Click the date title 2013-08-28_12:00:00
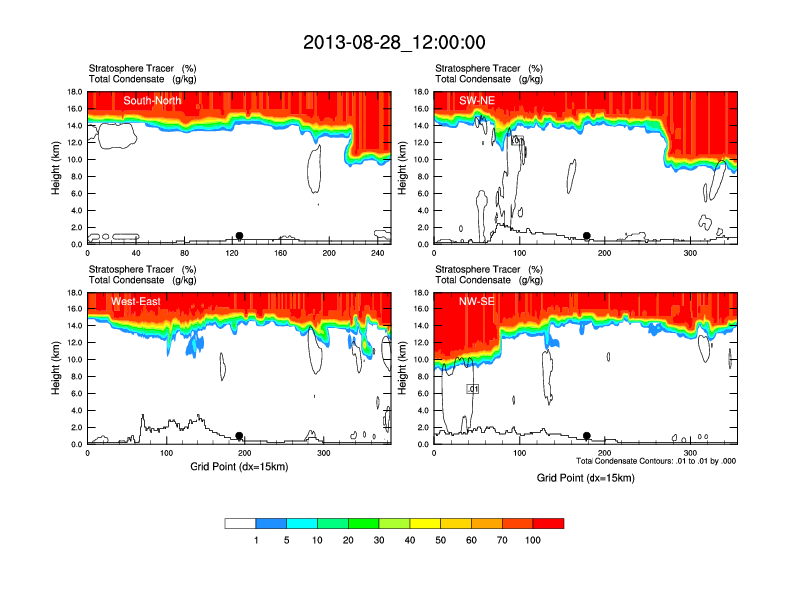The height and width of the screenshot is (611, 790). (394, 42)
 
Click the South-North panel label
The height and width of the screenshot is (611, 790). (153, 101)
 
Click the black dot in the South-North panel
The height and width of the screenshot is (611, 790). (239, 236)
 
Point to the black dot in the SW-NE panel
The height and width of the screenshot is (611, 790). (587, 236)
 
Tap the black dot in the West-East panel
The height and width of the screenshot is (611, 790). (239, 436)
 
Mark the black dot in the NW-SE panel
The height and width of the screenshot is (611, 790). (587, 436)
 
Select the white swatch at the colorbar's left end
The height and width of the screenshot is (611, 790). (240, 523)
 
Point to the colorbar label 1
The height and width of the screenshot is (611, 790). (256, 540)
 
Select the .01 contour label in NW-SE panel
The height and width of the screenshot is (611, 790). (474, 389)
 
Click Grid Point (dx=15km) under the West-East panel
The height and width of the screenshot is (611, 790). (238, 466)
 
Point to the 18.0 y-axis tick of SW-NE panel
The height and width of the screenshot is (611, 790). (422, 92)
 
